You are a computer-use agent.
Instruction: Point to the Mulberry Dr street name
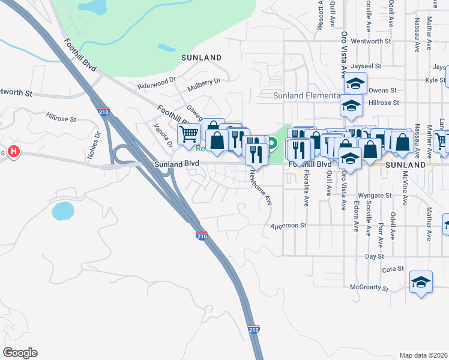[x=204, y=80]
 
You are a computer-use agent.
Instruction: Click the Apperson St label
[x=289, y=226]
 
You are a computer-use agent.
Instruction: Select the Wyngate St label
[x=375, y=196]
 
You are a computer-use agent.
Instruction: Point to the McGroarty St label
[x=369, y=287]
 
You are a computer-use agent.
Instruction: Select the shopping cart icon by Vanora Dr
[x=189, y=135]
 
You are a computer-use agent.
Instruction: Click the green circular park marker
[x=272, y=143]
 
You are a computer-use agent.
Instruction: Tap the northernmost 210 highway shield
[x=103, y=112]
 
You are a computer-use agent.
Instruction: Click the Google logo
[x=20, y=353]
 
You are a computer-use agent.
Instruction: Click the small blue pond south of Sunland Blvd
[x=63, y=211]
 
